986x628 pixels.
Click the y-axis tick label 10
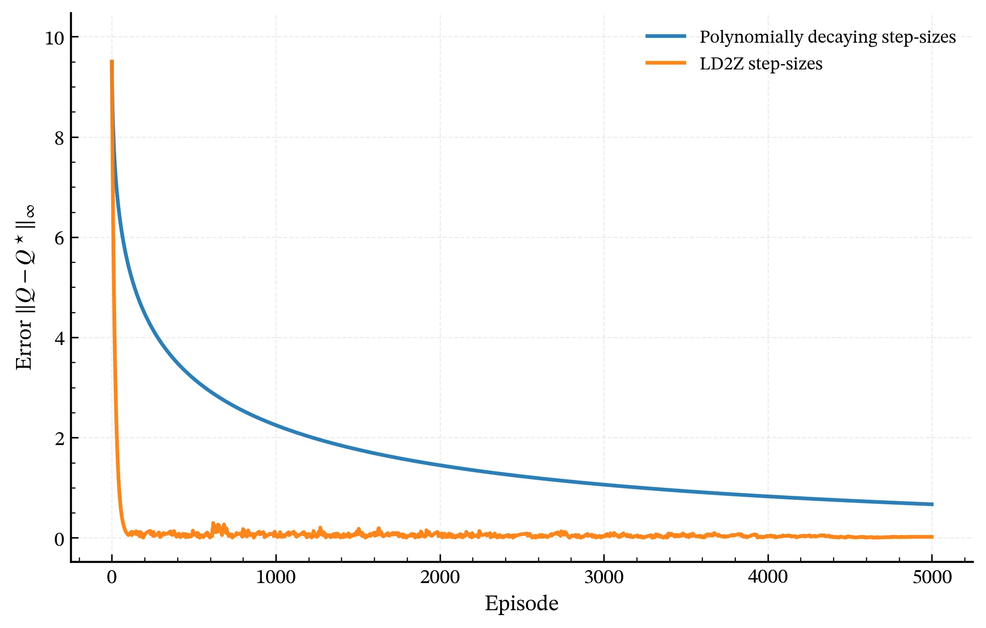point(55,38)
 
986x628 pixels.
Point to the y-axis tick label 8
point(59,138)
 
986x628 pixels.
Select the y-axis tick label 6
point(59,239)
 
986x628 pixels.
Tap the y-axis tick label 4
point(59,339)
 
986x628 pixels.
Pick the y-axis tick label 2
point(59,439)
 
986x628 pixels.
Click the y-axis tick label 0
point(59,539)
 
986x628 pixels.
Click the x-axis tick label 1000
point(276,577)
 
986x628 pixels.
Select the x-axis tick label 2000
point(440,577)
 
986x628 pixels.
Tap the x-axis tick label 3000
point(604,577)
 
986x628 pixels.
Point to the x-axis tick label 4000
point(768,577)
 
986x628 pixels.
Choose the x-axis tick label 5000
point(932,577)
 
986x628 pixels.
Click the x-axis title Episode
point(521,604)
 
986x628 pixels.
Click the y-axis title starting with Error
point(25,287)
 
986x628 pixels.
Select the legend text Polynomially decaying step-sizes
point(828,37)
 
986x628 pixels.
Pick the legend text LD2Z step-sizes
point(761,64)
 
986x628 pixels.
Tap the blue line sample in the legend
point(666,36)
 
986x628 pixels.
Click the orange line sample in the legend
point(666,63)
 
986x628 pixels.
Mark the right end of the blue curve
point(932,504)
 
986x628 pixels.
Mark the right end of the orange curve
point(932,537)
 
